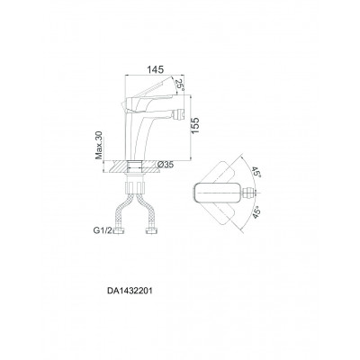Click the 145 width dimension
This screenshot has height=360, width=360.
click(156, 69)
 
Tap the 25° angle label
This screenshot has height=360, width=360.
click(179, 85)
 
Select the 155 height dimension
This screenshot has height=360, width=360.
click(195, 126)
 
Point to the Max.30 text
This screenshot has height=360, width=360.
click(99, 145)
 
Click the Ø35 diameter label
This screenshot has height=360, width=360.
click(165, 165)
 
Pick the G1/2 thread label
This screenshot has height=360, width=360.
click(103, 230)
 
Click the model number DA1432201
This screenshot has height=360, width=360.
click(130, 291)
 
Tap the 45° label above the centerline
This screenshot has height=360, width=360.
click(256, 172)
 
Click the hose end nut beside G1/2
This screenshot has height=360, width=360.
click(119, 230)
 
